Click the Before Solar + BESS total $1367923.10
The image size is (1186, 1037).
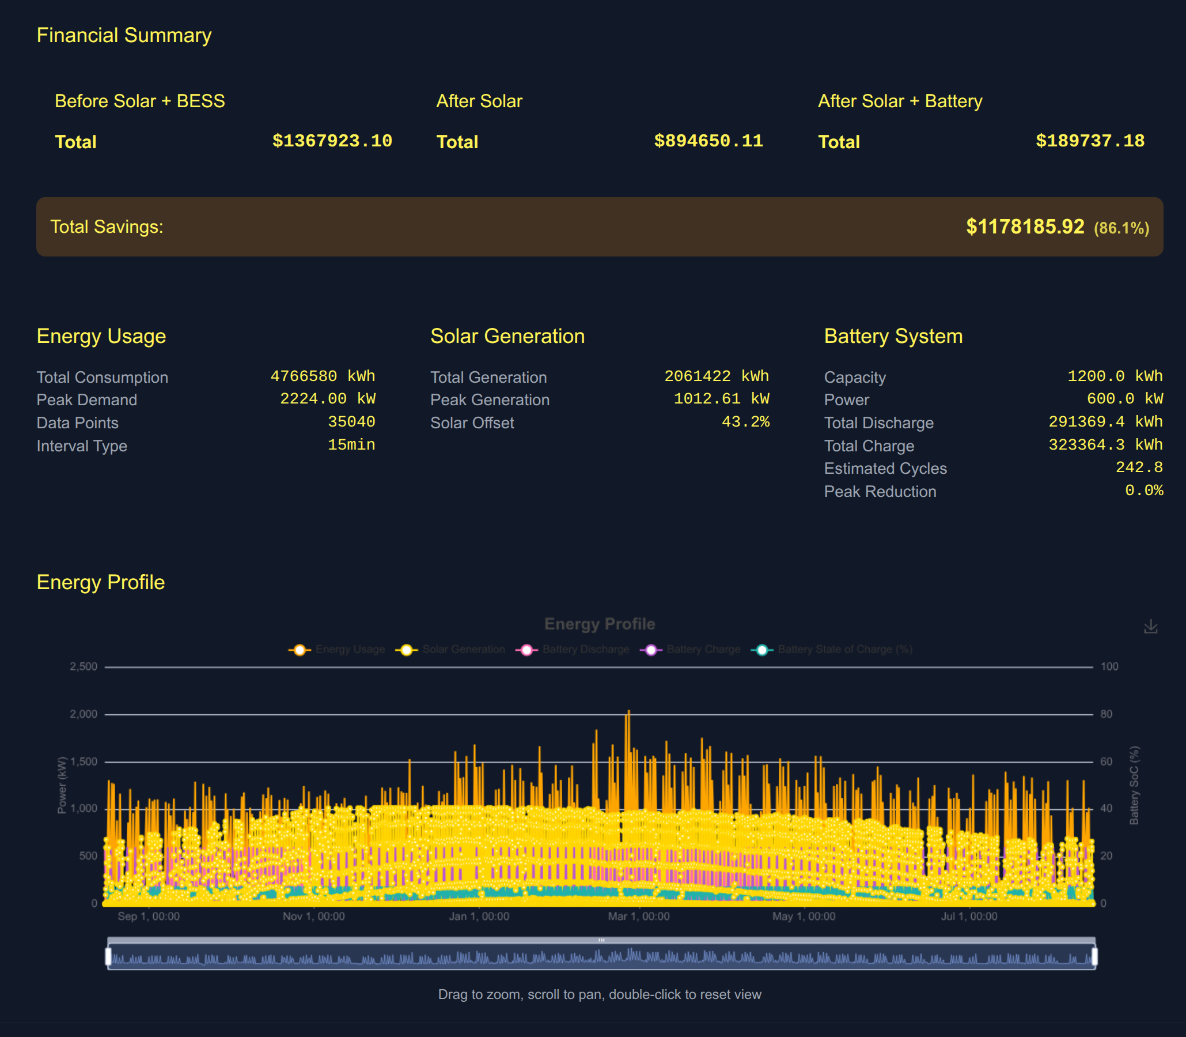click(332, 141)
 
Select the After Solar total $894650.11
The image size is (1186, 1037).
click(708, 141)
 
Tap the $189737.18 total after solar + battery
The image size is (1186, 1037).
click(1089, 141)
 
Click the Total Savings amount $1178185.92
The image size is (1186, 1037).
click(1025, 227)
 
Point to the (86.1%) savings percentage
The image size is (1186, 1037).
click(1121, 228)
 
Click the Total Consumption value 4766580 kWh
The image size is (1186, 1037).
click(323, 376)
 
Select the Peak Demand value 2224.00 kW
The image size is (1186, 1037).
click(327, 399)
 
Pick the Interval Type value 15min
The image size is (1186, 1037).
click(351, 445)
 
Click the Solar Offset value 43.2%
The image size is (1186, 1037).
click(745, 422)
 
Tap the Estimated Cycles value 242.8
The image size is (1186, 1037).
click(1139, 467)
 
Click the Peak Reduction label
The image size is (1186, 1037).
click(880, 491)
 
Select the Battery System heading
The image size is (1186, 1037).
click(893, 336)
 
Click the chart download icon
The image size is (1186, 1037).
click(1150, 627)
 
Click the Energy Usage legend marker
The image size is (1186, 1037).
click(300, 650)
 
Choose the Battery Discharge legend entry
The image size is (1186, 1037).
click(585, 650)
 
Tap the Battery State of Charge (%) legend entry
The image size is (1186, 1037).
click(844, 650)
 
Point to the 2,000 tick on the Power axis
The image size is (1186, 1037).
click(84, 714)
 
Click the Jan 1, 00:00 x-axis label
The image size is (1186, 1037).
click(479, 917)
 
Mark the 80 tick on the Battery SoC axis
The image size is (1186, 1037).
click(1105, 714)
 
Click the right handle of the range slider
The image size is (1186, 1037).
click(1094, 956)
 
